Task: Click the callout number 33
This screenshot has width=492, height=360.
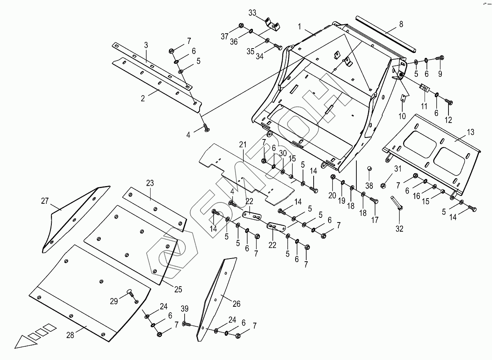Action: [252, 12]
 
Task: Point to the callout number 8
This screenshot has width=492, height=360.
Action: [401, 24]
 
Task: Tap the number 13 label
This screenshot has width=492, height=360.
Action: [470, 132]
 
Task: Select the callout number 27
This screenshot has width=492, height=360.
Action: [45, 201]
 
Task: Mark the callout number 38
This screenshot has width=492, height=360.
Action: [369, 185]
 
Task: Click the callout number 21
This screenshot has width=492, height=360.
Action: [243, 145]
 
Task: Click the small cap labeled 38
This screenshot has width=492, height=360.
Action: [369, 168]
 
